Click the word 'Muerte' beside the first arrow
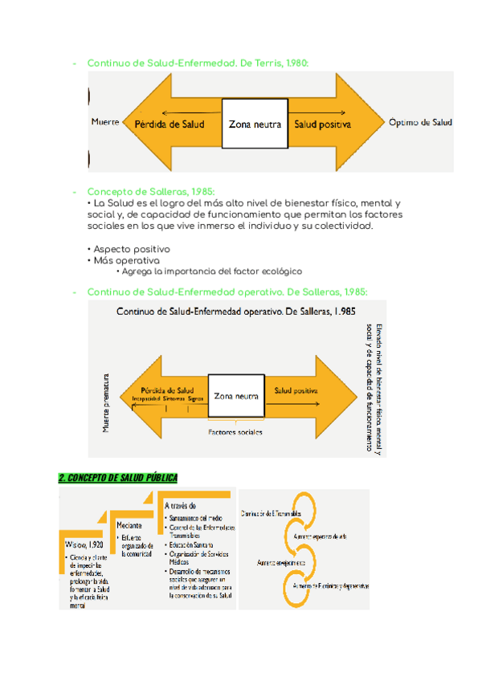105,123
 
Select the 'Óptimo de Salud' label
420,123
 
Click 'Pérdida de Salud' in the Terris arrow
169,124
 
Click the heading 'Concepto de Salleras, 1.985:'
150,192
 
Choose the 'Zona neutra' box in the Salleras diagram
236,396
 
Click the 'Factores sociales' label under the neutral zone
235,432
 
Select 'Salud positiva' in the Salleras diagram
296,389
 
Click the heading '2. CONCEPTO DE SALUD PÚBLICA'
117,477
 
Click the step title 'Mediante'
129,524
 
